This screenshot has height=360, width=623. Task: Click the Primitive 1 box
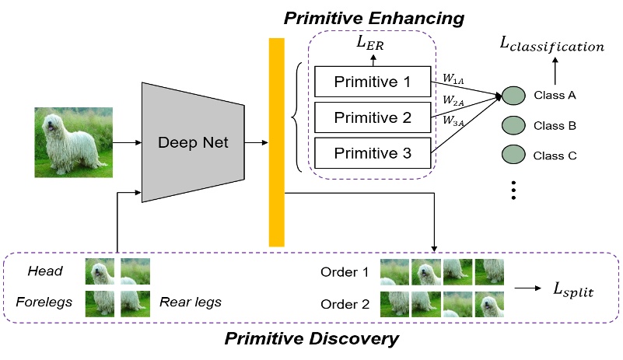tap(372, 82)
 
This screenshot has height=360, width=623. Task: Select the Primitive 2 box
tap(372, 117)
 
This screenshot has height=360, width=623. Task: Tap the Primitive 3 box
tap(372, 153)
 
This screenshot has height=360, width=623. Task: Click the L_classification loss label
tap(551, 47)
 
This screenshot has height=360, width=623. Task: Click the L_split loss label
tap(572, 290)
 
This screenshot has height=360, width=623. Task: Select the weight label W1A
tap(453, 78)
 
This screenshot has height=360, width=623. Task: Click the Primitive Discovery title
tap(311, 339)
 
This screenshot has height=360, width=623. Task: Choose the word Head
tap(44, 271)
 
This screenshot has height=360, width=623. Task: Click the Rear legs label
tap(191, 302)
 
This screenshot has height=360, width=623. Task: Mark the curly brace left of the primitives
tap(296, 118)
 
